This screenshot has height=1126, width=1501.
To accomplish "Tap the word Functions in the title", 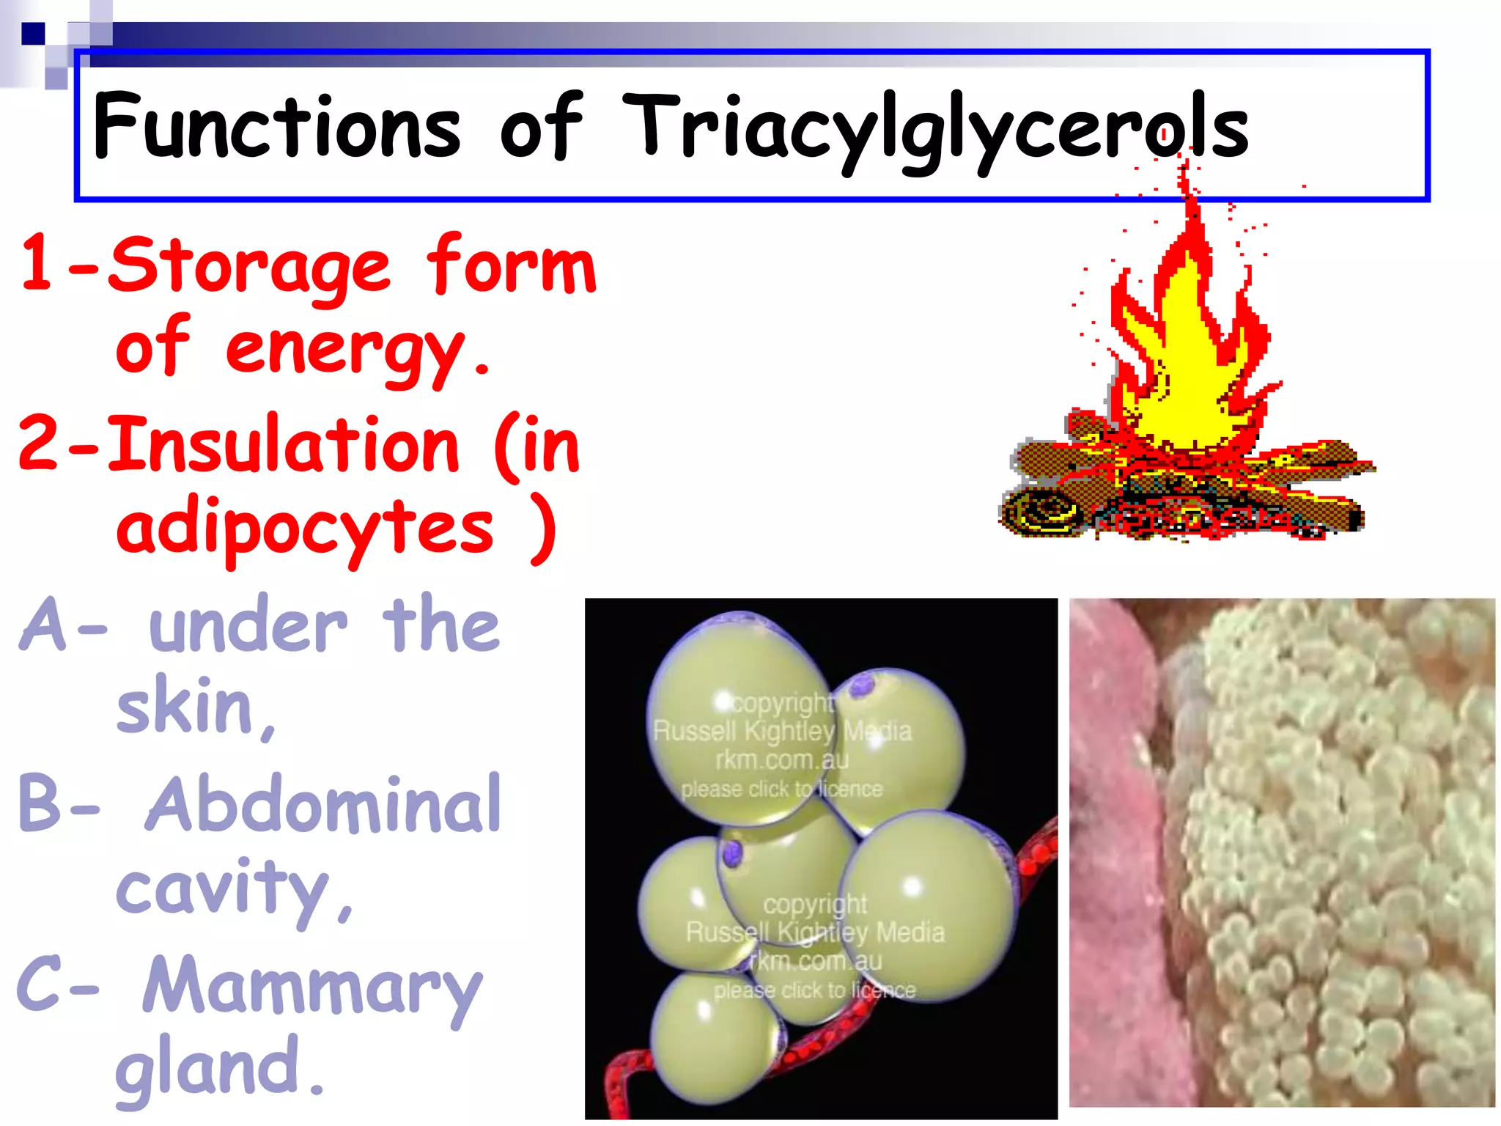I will coord(277,126).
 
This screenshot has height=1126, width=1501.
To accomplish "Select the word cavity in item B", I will coord(224,888).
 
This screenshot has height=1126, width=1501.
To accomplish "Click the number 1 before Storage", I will coord(37,262).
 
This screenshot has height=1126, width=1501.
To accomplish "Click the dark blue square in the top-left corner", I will coord(32,34).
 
